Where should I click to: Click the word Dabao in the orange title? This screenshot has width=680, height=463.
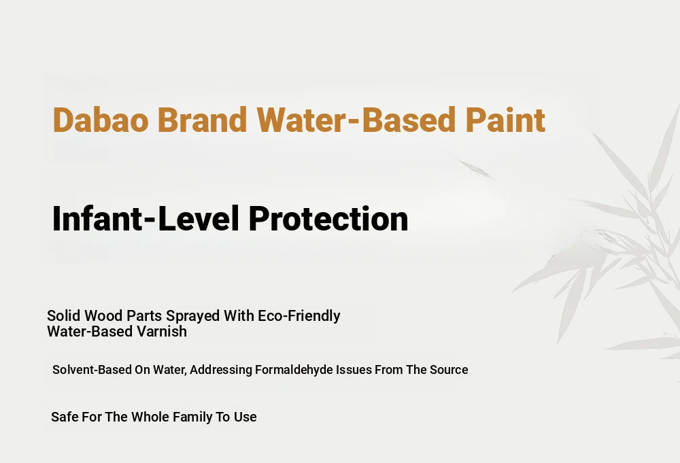[101, 120]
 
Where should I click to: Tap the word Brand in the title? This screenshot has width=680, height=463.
[202, 120]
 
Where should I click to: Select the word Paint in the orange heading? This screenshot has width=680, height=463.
[505, 120]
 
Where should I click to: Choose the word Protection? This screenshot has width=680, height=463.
[328, 218]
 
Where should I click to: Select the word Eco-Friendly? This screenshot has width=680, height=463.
[299, 316]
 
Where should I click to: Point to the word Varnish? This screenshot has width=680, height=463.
[162, 331]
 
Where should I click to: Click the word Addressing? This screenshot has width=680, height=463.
[221, 371]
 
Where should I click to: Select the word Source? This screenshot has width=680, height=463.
[449, 370]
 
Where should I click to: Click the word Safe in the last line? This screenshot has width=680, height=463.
[65, 417]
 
